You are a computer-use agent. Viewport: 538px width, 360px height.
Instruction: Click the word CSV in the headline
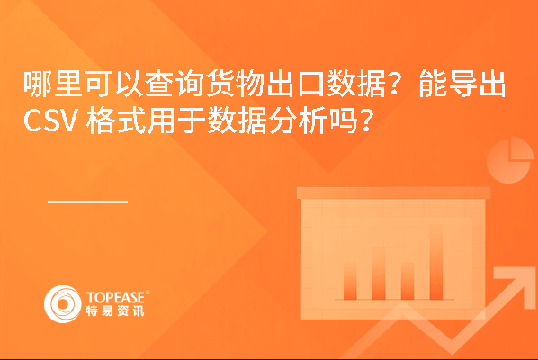tap(49, 121)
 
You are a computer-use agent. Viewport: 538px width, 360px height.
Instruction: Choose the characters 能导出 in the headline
tap(462, 84)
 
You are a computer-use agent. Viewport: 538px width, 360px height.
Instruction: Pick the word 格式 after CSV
tap(116, 121)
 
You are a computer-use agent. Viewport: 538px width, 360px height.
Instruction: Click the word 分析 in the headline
tap(298, 121)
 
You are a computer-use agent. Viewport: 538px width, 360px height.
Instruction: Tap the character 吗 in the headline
tap(343, 121)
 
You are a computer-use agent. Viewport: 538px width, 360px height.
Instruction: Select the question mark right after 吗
tap(366, 121)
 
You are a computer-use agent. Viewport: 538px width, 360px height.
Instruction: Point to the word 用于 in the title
tap(176, 121)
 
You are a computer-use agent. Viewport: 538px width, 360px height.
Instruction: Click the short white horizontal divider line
tap(88, 202)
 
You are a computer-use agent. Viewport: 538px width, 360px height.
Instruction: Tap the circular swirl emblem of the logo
tap(63, 304)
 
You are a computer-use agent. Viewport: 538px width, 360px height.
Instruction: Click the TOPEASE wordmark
tap(115, 297)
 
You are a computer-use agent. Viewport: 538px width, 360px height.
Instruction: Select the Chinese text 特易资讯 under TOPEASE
tap(115, 310)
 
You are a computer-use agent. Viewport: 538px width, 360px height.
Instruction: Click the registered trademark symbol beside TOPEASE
tap(148, 292)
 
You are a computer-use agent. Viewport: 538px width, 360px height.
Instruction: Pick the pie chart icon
tap(509, 159)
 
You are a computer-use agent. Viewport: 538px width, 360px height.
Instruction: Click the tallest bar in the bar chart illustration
tap(436, 262)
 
